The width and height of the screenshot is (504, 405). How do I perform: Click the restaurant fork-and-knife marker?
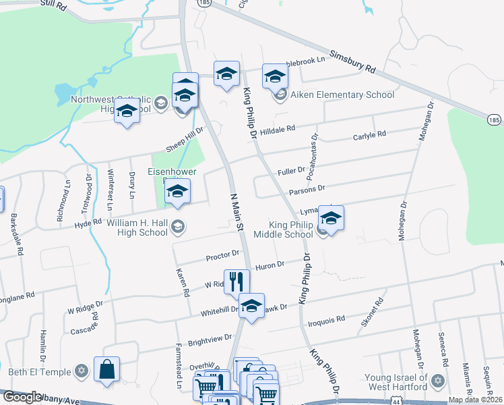click(x=237, y=281)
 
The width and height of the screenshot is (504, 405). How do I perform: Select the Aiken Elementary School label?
click(x=342, y=95)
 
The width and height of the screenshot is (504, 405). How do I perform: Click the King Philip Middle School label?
click(x=283, y=230)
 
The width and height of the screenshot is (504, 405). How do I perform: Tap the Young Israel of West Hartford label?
click(x=397, y=382)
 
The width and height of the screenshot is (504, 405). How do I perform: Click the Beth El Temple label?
click(x=40, y=371)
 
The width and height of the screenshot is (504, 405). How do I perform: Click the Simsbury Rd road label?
click(x=352, y=61)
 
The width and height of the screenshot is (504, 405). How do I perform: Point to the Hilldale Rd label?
click(x=278, y=128)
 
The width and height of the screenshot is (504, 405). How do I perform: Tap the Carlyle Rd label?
click(x=369, y=136)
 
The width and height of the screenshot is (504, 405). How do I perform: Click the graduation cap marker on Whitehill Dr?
click(x=251, y=306)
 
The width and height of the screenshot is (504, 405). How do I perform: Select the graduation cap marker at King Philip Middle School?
click(x=331, y=219)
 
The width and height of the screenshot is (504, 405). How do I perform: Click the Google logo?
click(x=22, y=397)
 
